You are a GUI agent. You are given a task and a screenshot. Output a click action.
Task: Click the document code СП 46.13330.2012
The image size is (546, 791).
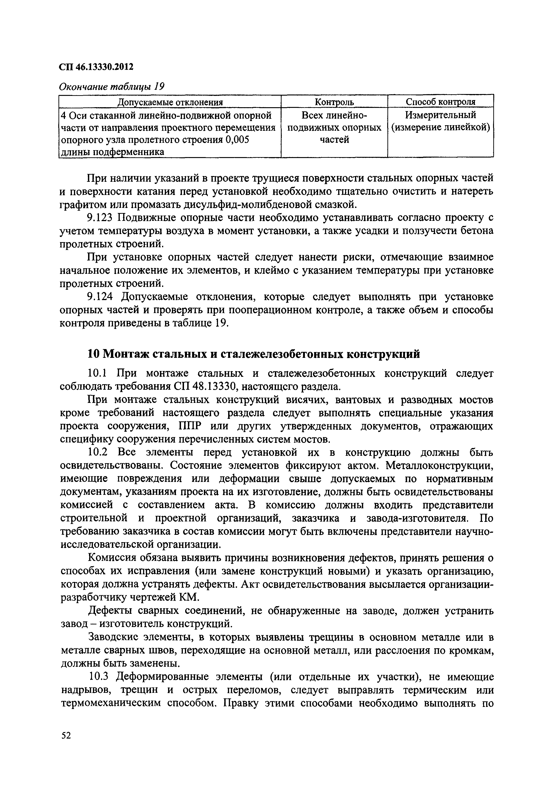96,67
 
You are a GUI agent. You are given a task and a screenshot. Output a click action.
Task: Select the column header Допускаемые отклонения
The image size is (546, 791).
170,102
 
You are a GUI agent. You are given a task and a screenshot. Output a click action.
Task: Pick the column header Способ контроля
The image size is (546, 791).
440,102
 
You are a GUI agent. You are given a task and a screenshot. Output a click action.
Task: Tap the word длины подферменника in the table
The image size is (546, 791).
112,152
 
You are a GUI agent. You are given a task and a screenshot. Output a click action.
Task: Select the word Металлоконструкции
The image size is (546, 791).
440,465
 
